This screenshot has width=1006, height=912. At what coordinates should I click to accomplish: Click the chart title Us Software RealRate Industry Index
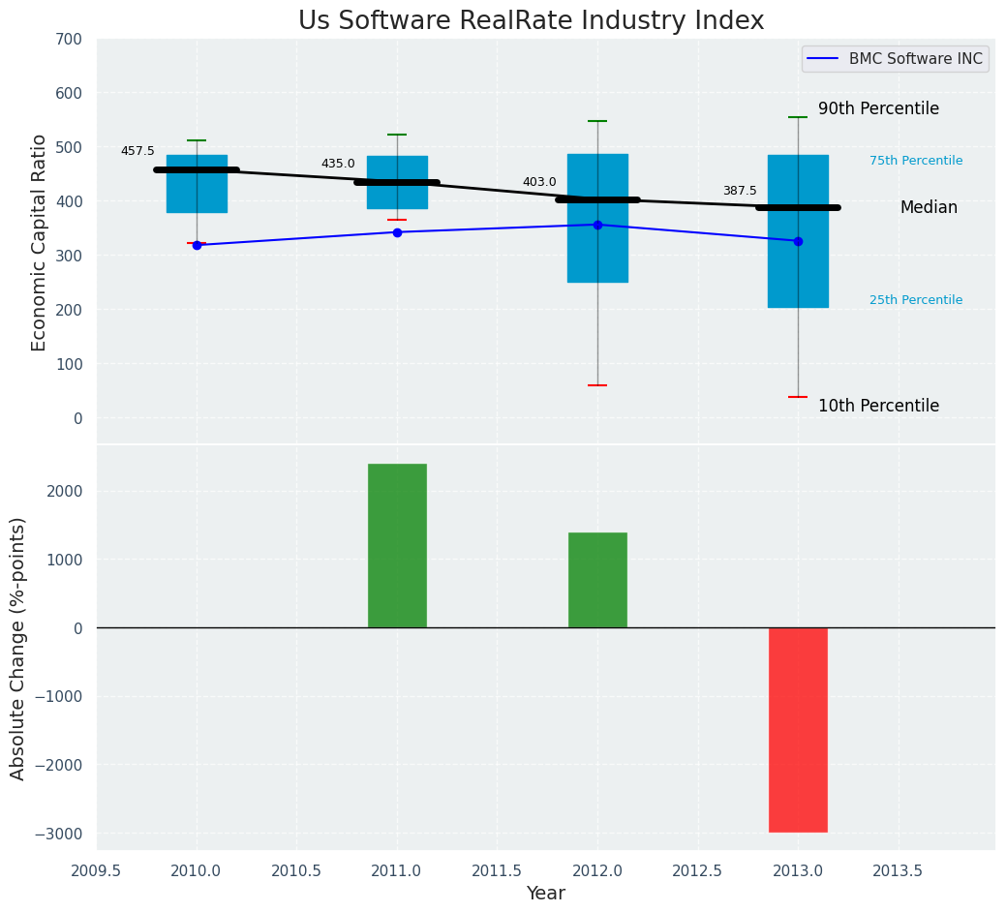[531, 21]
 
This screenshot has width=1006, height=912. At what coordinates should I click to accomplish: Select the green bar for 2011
[397, 545]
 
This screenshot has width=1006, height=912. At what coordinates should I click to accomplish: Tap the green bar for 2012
[597, 579]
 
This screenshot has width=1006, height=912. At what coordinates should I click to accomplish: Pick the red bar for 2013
[798, 729]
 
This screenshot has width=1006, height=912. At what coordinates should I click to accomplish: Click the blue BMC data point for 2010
[197, 245]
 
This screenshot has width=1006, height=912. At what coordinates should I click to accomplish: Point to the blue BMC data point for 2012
[597, 225]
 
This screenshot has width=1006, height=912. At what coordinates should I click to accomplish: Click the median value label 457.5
[137, 151]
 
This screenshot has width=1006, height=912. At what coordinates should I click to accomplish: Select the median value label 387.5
[740, 191]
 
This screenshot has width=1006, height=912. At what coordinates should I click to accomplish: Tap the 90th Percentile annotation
[878, 108]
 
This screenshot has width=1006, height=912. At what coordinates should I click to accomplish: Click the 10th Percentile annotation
[878, 406]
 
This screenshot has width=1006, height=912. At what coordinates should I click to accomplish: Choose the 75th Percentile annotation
[916, 161]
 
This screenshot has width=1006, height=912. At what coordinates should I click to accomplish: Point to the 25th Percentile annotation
[916, 300]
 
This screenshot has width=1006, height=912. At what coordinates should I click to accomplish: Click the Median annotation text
[929, 207]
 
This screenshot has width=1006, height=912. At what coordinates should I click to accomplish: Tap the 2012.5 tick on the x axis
[698, 870]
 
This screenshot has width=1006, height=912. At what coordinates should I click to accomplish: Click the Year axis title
[546, 894]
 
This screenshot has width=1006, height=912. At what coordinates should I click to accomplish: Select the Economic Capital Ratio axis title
[40, 242]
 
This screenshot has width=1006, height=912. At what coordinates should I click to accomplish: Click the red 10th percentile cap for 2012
[597, 385]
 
